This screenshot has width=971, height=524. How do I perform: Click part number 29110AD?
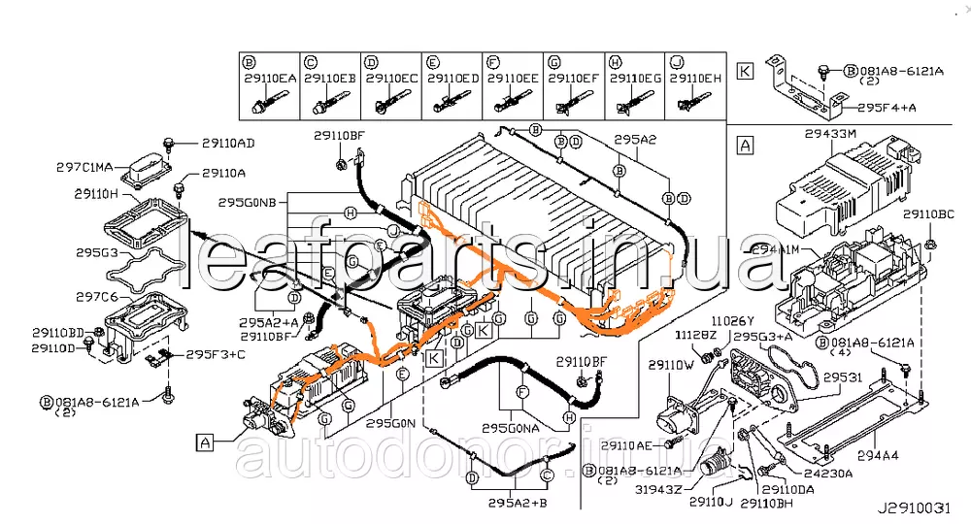pos(228,144)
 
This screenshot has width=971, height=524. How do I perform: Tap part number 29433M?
pos(831,132)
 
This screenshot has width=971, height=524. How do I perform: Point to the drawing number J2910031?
pos(919,508)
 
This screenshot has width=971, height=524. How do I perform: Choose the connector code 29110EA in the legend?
pos(271,78)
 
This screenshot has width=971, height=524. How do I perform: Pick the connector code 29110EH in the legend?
pos(695,78)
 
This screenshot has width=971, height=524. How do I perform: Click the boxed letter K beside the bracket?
pos(744,71)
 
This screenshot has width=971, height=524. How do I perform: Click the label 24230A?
pos(828,475)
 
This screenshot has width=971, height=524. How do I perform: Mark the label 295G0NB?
pos(248,204)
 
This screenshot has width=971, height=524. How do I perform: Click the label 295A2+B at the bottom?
pos(518,503)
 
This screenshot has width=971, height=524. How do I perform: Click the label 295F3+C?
pos(216,354)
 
